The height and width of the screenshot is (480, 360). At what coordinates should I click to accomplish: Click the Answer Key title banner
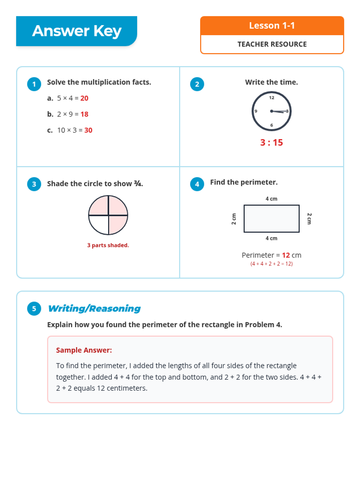click(76, 31)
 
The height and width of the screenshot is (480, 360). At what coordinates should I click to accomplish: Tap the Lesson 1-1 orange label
click(272, 26)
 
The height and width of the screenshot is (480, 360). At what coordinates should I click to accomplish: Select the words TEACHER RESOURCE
click(272, 44)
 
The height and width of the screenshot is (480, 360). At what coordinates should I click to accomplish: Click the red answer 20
click(84, 98)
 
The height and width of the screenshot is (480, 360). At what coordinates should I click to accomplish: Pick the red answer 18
click(84, 114)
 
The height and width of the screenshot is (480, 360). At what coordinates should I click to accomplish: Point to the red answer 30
click(88, 130)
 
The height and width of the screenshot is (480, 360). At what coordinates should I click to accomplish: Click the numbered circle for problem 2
click(197, 84)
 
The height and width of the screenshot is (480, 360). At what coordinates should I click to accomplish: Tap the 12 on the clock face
click(271, 98)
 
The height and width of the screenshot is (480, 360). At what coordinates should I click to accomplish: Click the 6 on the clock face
click(271, 125)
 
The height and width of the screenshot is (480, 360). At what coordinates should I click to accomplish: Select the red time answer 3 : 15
click(271, 142)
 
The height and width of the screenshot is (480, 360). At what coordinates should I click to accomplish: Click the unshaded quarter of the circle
click(99, 224)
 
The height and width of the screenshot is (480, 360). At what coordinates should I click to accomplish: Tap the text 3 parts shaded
click(108, 245)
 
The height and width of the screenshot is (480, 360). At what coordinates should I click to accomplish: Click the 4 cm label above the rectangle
click(271, 199)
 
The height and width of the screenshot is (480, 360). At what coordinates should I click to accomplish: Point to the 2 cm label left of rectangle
click(234, 219)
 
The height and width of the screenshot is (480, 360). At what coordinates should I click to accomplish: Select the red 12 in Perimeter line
click(286, 255)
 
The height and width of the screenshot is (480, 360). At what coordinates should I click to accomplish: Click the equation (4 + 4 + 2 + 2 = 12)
click(271, 264)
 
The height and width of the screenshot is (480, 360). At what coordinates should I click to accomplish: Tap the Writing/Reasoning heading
click(94, 309)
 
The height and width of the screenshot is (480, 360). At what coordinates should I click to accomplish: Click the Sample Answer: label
click(84, 350)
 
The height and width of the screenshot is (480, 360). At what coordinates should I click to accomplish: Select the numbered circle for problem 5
click(34, 309)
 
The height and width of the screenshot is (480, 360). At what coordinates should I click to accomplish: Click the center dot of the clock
click(271, 111)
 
